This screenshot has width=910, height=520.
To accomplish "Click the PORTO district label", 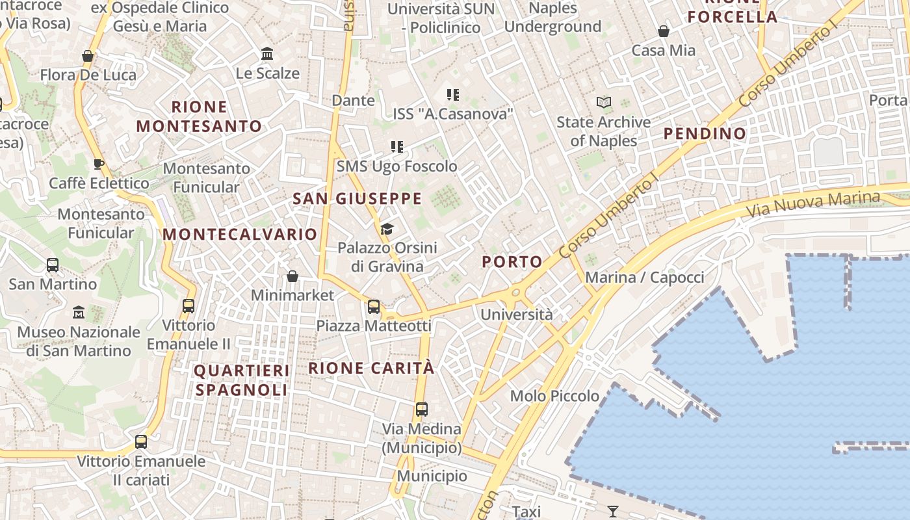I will pos(512,262).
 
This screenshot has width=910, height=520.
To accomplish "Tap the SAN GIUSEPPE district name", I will pos(357,199).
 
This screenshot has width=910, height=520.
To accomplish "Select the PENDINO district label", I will pos(705,134).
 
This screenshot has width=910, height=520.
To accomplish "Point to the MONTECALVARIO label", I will pos(240,234).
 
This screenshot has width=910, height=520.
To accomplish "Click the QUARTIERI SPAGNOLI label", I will pos(242,380).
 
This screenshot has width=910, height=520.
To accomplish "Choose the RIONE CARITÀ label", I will pos(371,368).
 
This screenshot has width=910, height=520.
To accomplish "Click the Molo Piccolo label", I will pos(554,396).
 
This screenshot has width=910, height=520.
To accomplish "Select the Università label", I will pos(517,315).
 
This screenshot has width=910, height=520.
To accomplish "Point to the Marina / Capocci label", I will pos(645,278).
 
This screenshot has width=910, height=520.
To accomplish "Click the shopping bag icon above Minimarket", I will pos(292,277).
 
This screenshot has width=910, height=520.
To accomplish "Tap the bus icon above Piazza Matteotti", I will pos(374,307).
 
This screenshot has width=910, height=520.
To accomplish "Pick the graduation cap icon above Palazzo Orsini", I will pos(387,229).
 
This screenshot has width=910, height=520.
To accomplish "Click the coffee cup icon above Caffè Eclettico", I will pos(99,164).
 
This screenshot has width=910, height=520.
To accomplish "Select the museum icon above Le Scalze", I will pos(267,54).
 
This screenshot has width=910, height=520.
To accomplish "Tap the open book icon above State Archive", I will pos(604,103).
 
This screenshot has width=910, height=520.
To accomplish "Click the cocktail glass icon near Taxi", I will pos(613,511).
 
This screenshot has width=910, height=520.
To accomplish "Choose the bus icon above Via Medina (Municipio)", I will pos(422,409).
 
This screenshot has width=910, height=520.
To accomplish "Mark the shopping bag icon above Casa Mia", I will pos(664,31).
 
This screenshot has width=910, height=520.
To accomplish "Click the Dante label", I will pos(353,100).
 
